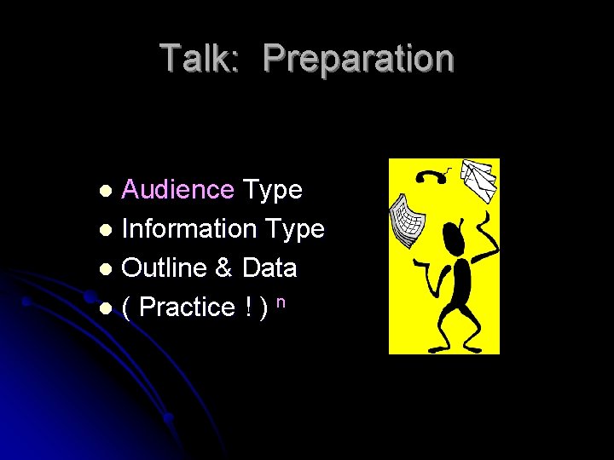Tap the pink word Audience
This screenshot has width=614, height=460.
pos(177,190)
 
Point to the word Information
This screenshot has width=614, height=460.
pos(189,228)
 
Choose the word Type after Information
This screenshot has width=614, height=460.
pos(295,229)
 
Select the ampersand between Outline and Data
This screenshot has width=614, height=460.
pos(224,267)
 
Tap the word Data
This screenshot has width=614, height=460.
pos(269,267)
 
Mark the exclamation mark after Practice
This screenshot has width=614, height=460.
pos(246,307)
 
